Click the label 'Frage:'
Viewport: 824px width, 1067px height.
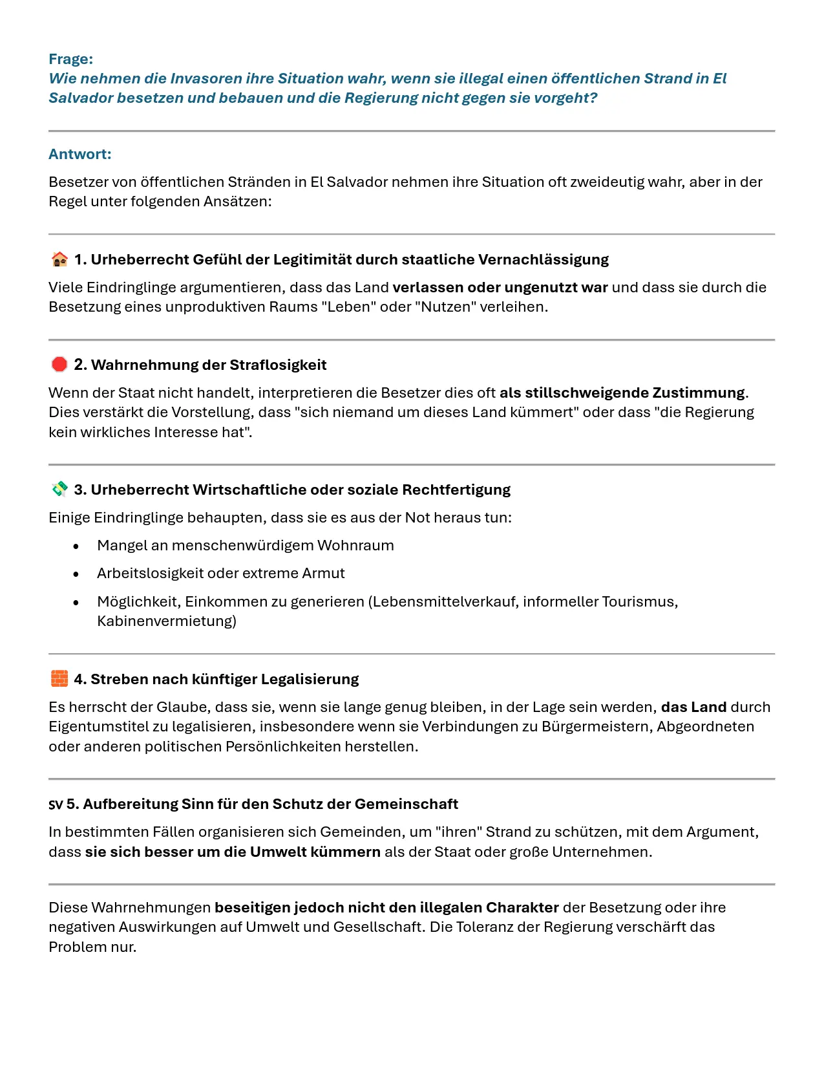[71, 59]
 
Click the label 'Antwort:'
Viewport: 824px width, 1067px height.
[80, 154]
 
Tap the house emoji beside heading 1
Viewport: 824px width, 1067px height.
[59, 259]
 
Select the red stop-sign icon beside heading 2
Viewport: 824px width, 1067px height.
[59, 365]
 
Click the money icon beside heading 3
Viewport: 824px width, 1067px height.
[59, 490]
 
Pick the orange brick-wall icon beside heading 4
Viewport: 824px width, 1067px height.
[59, 679]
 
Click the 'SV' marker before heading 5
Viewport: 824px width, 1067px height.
[56, 805]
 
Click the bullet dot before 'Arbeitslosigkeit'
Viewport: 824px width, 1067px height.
[76, 574]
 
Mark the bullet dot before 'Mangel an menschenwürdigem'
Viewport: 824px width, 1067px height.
[76, 546]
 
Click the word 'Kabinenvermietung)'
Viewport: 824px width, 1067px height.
[167, 621]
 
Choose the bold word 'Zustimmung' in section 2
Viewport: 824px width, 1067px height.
[699, 393]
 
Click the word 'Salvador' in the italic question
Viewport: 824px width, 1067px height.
[80, 98]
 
